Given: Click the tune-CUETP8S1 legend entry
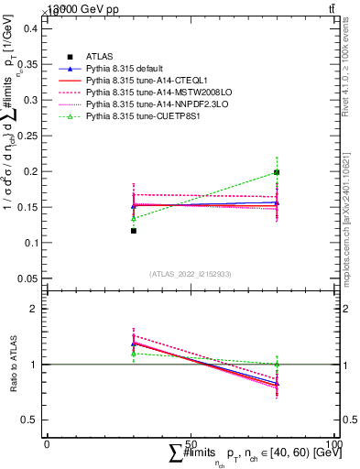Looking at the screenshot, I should pos(133,116).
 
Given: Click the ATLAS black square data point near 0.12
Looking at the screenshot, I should pos(134,231).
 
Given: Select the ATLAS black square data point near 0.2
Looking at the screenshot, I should pos(277,171).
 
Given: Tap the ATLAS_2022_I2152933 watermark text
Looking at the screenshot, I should pos(190,274).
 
